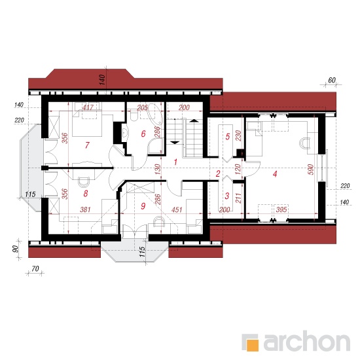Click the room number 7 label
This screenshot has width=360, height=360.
click(x=87, y=145)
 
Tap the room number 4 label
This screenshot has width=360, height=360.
click(x=275, y=174)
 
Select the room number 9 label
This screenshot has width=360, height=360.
click(x=143, y=206)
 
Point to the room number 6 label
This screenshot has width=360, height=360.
click(x=143, y=134)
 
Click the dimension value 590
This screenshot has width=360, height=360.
click(x=311, y=170)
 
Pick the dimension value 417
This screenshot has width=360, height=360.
click(x=88, y=107)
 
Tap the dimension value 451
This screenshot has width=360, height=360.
click(x=177, y=209)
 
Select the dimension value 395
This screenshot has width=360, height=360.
click(x=281, y=209)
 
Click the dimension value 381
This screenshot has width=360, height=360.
click(x=85, y=209)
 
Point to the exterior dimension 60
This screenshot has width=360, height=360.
click(x=332, y=80)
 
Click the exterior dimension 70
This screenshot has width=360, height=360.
click(x=35, y=268)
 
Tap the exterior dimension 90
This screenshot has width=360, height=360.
click(x=15, y=249)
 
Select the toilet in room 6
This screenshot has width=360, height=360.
click(x=134, y=115)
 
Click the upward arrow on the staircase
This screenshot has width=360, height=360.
click(x=194, y=120)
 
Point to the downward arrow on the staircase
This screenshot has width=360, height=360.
click(x=175, y=143)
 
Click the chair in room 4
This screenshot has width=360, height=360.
click(x=304, y=143)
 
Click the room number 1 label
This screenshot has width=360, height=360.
click(x=175, y=162)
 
